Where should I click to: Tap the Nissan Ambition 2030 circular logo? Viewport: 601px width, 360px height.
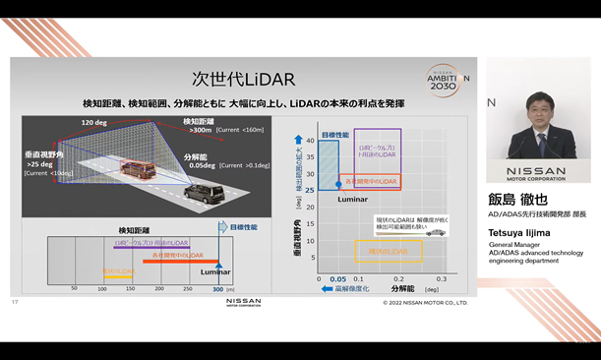tap(447, 80)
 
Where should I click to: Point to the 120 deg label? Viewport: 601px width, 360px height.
tap(94, 123)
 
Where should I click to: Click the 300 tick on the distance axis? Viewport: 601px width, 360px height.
tap(217, 289)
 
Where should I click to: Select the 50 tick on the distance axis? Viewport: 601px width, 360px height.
tap(74, 289)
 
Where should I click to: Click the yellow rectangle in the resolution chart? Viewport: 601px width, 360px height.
tap(388, 252)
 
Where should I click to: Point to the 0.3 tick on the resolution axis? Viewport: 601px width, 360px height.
tap(442, 279)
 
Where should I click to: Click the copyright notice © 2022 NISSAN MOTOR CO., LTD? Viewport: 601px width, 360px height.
tap(425, 303)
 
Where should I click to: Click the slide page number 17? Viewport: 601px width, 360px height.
tap(15, 302)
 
